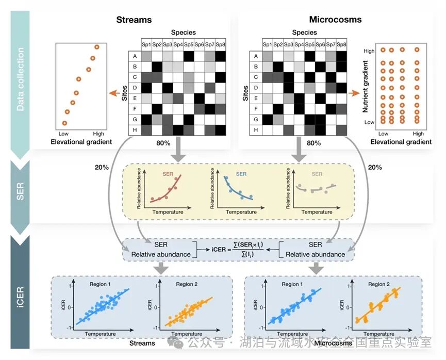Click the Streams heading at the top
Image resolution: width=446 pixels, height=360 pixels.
[x=134, y=20]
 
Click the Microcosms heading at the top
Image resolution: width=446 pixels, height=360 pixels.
[x=335, y=20]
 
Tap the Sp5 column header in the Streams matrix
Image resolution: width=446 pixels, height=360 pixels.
[x=189, y=45]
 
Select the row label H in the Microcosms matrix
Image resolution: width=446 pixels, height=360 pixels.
[x=255, y=129]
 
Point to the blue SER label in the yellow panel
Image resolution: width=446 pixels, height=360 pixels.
[x=241, y=174]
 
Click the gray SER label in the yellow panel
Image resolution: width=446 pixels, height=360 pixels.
[x=316, y=174]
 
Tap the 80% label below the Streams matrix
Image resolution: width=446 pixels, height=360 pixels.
[x=163, y=142]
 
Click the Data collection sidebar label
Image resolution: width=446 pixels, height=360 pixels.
[x=21, y=79]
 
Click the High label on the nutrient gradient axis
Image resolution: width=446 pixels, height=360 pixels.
[x=369, y=51]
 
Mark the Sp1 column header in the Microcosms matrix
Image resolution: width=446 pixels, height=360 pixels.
[x=267, y=45]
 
